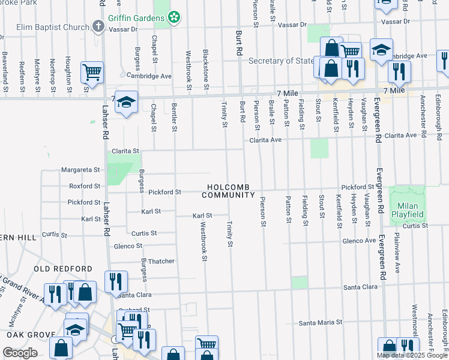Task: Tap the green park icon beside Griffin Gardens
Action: (174, 18)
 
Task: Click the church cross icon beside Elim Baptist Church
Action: (99, 27)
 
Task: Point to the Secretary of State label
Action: (281, 61)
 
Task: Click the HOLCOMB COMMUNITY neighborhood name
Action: (229, 191)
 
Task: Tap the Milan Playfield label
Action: (408, 210)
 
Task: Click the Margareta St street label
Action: (84, 170)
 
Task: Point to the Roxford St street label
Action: (85, 187)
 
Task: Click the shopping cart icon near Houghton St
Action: (92, 73)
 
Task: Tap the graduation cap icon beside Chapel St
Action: (127, 103)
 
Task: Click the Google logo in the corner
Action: (20, 353)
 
